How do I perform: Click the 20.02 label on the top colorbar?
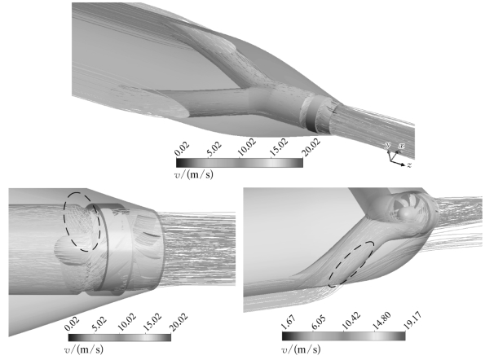311,147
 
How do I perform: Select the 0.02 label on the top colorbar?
183,149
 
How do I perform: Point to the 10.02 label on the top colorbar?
247,147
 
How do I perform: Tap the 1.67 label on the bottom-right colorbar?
288,323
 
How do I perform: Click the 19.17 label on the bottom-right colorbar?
412,321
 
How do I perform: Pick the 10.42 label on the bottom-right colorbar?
351,321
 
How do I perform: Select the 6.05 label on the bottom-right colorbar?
319,323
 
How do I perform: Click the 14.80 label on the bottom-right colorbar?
382,321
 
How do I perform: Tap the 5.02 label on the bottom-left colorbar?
99,324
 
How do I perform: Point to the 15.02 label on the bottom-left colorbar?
152,323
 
